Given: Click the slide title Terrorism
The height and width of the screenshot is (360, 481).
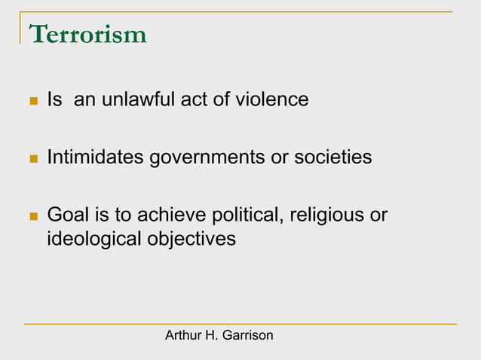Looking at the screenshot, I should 87,35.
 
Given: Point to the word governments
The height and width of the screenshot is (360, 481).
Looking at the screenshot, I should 202,158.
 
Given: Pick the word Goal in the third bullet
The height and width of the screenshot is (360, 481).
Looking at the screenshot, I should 66,215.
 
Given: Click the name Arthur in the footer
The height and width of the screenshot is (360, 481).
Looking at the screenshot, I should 182,335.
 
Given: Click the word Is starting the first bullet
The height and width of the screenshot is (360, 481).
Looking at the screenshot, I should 54,99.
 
